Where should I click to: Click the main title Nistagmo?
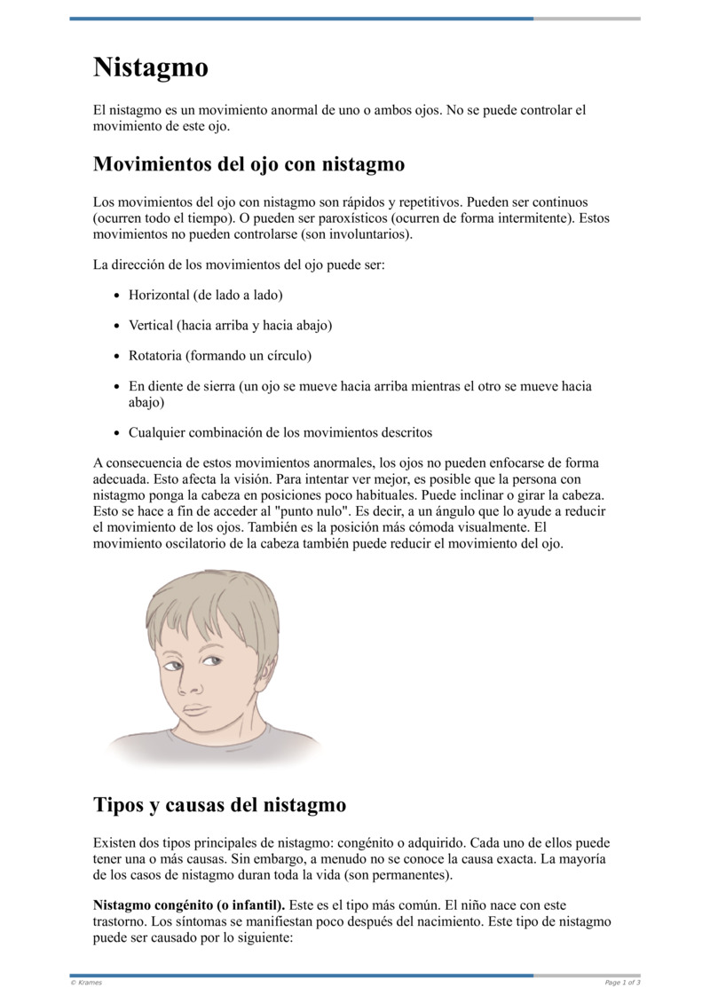(x=151, y=67)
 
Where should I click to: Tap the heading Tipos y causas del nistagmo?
(x=219, y=805)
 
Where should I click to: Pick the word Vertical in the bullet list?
(x=151, y=325)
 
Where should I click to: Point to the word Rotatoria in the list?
(x=155, y=356)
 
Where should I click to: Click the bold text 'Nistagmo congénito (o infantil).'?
(x=189, y=905)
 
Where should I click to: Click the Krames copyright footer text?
(x=86, y=983)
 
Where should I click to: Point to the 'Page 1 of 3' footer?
(x=622, y=983)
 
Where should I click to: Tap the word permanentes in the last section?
(x=409, y=874)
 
